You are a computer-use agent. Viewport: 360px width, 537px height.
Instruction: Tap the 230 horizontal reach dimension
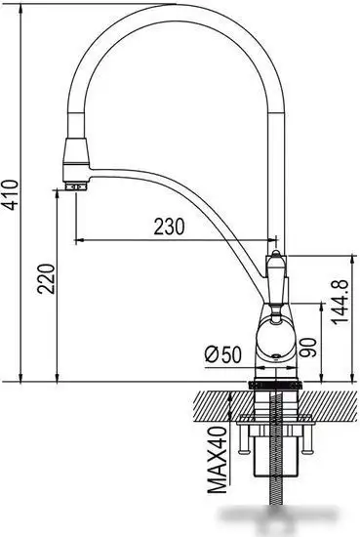(169, 227)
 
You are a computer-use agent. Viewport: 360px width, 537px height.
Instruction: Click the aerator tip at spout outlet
(74, 186)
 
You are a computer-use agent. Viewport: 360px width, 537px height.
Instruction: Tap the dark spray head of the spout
(76, 155)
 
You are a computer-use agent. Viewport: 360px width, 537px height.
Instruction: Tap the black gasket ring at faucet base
(275, 385)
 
